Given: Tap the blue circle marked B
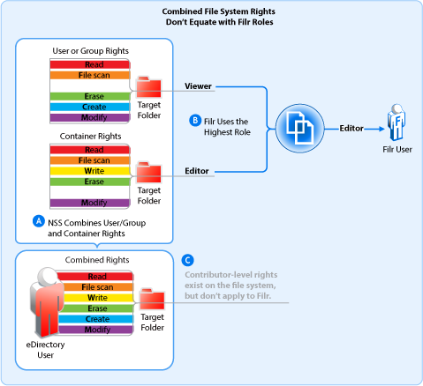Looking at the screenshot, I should [x=196, y=120].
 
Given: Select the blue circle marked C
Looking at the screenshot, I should [x=186, y=260].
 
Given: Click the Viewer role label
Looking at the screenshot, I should [x=200, y=86].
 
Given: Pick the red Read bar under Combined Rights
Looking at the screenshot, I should [x=98, y=277].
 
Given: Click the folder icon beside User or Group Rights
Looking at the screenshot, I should [x=148, y=86].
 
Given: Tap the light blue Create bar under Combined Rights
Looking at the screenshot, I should [x=98, y=318].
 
